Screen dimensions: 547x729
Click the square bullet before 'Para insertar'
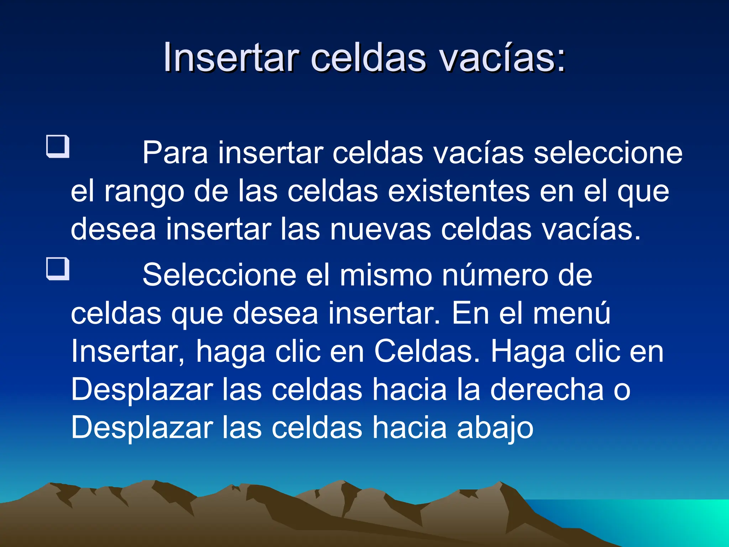point(58,146)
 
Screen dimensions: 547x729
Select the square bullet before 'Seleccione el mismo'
point(58,269)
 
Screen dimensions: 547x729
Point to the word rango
point(144,192)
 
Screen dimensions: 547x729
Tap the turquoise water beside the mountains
point(659,520)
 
